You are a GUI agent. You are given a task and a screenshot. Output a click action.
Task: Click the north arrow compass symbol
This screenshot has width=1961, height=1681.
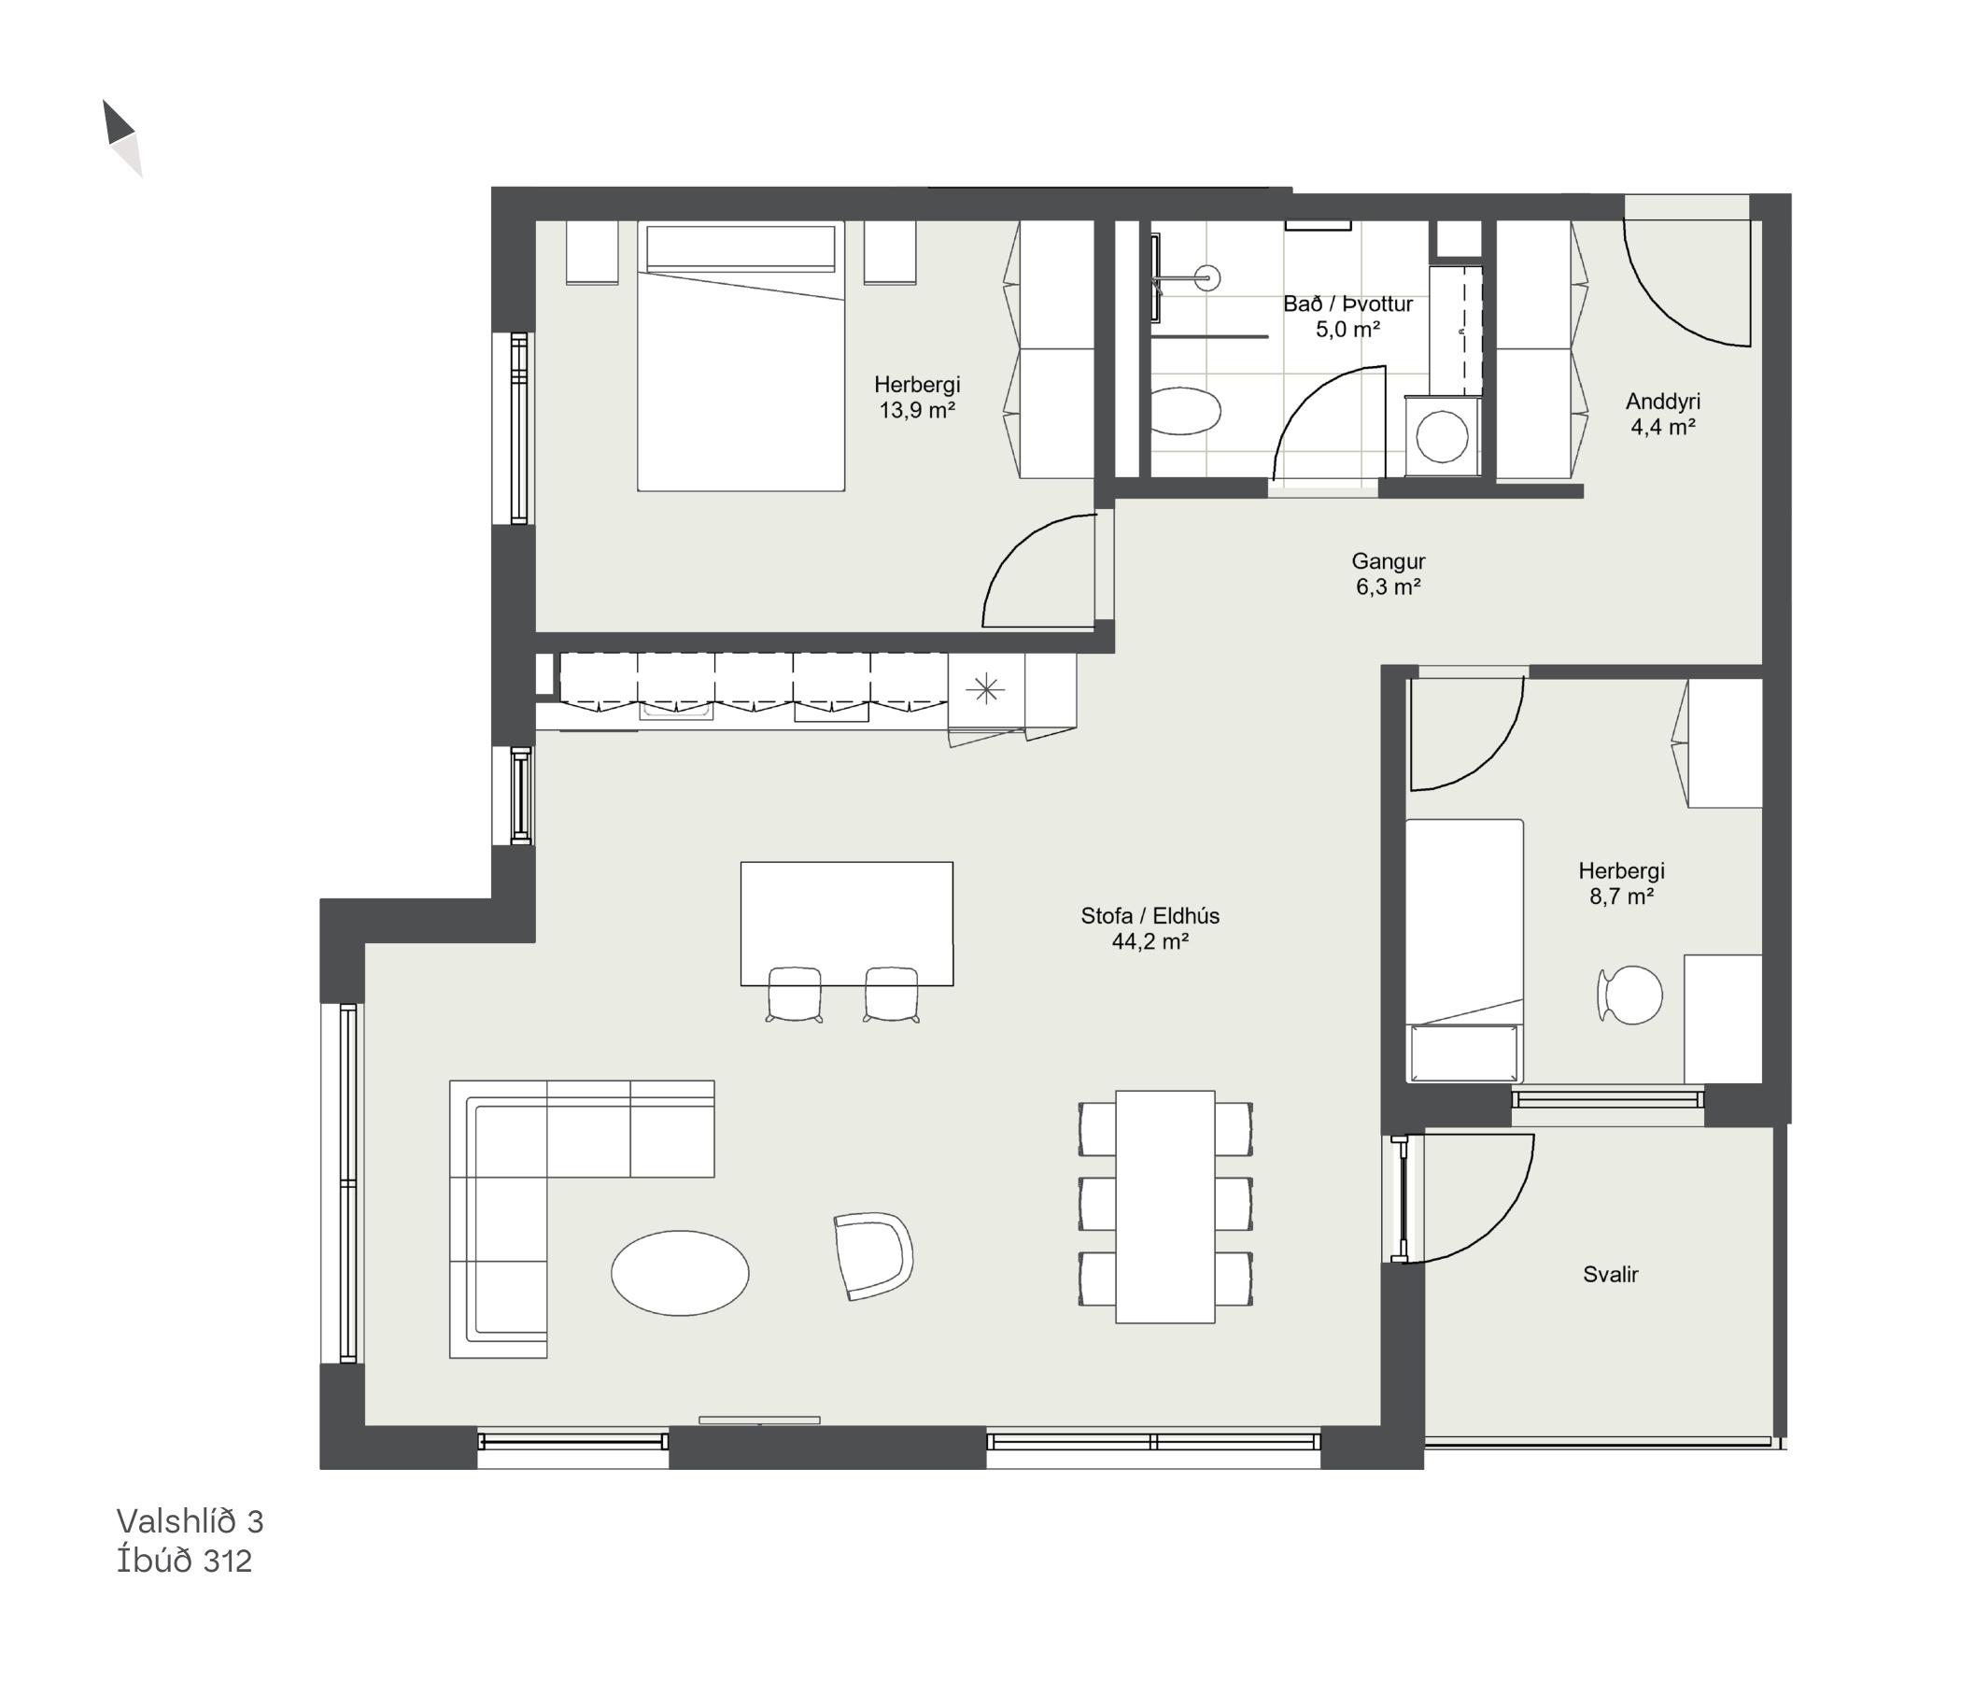click(x=122, y=138)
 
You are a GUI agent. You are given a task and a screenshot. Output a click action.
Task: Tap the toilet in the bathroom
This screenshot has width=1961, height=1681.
click(x=1186, y=412)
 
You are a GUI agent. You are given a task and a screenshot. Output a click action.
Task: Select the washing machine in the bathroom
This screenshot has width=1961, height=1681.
click(x=1443, y=435)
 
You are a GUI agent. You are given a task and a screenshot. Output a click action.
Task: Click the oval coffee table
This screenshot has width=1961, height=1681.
click(x=680, y=1273)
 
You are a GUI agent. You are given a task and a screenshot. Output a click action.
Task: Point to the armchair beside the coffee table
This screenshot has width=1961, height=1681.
click(x=872, y=1256)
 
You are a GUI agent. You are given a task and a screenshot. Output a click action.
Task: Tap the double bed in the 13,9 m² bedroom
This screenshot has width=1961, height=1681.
click(x=741, y=356)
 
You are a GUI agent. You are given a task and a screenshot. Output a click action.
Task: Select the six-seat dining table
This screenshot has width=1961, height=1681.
click(x=1165, y=1207)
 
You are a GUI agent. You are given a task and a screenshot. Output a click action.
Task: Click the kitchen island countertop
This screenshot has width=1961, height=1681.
click(x=846, y=924)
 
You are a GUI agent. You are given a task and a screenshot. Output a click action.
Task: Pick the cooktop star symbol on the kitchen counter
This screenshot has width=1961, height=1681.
click(x=986, y=688)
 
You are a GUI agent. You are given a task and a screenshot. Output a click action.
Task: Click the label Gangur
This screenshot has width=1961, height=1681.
click(x=1389, y=561)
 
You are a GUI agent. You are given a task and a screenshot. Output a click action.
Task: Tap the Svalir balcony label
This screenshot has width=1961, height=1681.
click(x=1610, y=1274)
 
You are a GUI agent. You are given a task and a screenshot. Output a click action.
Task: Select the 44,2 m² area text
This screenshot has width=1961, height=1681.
click(x=1150, y=941)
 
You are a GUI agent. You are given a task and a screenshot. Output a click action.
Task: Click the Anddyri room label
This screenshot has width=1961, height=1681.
click(x=1663, y=402)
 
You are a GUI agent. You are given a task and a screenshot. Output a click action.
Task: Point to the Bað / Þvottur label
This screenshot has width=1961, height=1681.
click(x=1347, y=304)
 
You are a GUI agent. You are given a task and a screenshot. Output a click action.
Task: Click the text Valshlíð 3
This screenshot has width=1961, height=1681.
click(x=190, y=1521)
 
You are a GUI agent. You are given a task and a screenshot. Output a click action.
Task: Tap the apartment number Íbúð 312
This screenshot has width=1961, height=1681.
click(x=185, y=1561)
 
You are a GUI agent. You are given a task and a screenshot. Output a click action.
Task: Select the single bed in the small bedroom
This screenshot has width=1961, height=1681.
click(x=1464, y=951)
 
